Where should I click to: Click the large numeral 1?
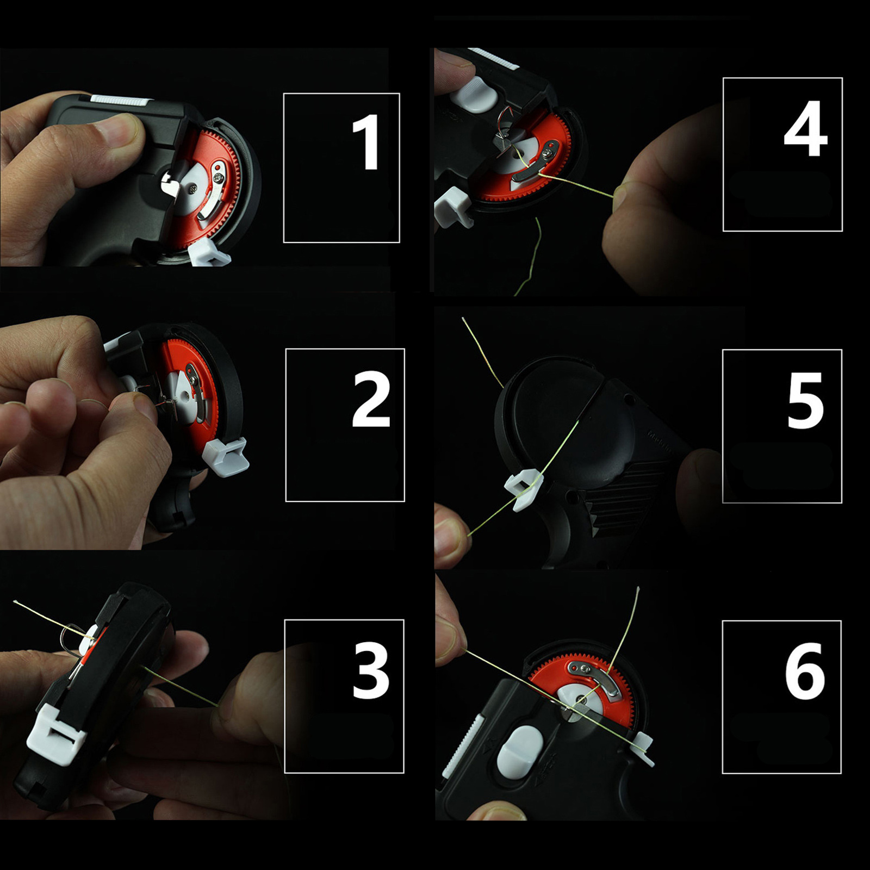click(x=365, y=142)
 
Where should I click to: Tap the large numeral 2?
click(x=371, y=400)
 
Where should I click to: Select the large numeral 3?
click(x=371, y=670)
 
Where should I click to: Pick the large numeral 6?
click(x=805, y=671)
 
